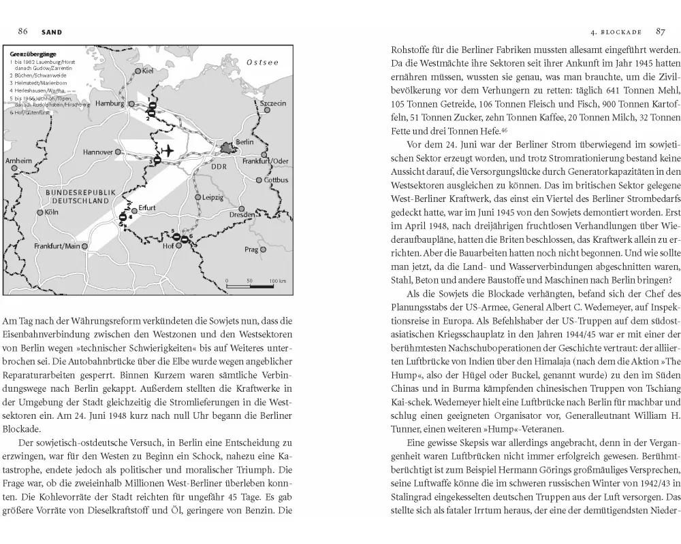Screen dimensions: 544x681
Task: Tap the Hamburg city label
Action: [x=110, y=104]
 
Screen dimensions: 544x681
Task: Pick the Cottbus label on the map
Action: [x=276, y=180]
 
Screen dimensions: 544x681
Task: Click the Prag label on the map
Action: [x=251, y=250]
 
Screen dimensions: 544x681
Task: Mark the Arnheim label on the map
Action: [x=19, y=160]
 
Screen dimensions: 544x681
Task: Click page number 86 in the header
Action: [x=22, y=31]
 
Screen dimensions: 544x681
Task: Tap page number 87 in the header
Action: [x=660, y=31]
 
